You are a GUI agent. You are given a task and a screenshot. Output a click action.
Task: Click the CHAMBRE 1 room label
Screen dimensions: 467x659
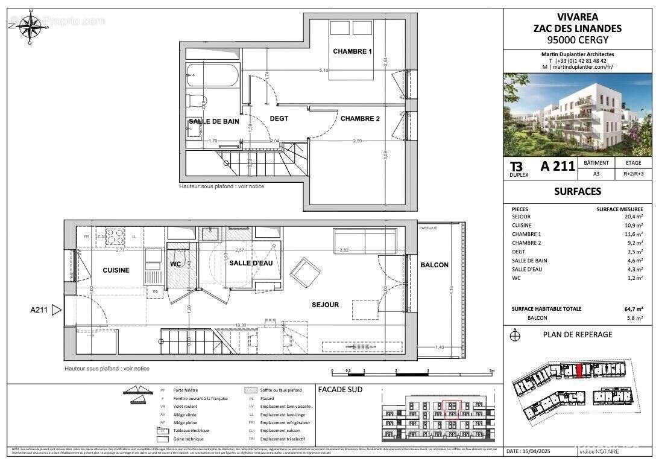click(x=352, y=51)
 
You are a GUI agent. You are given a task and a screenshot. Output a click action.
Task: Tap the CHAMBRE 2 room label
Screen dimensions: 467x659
click(x=360, y=119)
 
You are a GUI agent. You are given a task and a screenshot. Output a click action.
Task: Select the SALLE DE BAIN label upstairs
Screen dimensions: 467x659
click(x=213, y=121)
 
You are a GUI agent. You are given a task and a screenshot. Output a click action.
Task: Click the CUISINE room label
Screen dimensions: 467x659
click(x=116, y=270)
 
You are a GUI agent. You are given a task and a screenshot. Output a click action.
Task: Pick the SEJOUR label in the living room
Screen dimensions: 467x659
click(x=325, y=305)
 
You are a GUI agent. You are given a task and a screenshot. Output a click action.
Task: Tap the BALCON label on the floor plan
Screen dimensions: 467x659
click(x=434, y=265)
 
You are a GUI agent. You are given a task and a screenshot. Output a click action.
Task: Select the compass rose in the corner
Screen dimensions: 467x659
click(x=28, y=27)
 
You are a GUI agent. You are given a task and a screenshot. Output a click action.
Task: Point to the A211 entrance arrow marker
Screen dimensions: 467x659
click(x=57, y=310)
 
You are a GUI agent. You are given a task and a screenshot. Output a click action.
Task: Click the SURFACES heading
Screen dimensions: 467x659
click(x=577, y=191)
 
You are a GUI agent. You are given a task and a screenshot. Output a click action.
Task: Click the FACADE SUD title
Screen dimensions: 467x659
click(x=340, y=390)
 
